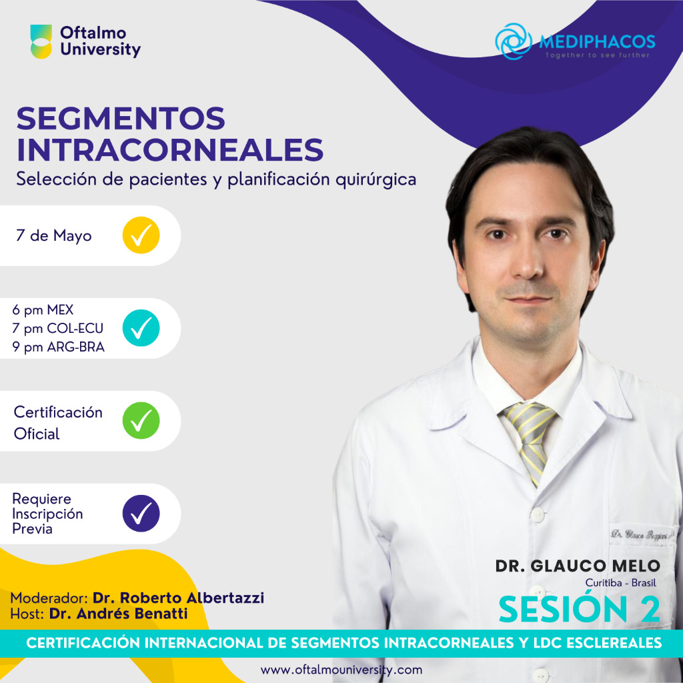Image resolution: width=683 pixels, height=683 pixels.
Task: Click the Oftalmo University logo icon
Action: click(41, 41)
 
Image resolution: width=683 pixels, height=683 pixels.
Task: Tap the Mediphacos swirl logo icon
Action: click(514, 41)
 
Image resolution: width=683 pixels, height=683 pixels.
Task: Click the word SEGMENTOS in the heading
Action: click(121, 119)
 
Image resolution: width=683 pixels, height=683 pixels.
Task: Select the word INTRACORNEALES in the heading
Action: click(170, 150)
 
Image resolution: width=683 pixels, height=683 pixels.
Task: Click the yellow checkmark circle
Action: click(141, 235)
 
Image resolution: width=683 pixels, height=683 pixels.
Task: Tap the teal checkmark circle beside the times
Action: click(141, 328)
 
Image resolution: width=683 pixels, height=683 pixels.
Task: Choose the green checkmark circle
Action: click(141, 420)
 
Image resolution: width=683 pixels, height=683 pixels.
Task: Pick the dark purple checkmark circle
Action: click(141, 513)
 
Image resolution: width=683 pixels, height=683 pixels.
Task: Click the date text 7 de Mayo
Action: click(53, 235)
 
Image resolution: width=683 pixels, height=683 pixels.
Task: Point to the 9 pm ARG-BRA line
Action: click(59, 347)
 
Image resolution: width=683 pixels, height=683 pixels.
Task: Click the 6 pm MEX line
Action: click(43, 309)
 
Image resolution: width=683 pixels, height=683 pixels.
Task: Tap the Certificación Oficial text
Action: click(58, 422)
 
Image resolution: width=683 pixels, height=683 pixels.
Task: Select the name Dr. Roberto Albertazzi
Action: click(178, 598)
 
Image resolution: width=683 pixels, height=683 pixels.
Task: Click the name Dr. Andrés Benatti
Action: click(118, 614)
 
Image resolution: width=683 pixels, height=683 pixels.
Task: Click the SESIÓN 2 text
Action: click(580, 609)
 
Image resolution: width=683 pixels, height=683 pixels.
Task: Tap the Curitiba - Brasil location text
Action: click(620, 583)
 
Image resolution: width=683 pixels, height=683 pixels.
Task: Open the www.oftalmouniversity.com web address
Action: click(341, 670)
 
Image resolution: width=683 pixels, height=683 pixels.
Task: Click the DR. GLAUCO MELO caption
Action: click(578, 566)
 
